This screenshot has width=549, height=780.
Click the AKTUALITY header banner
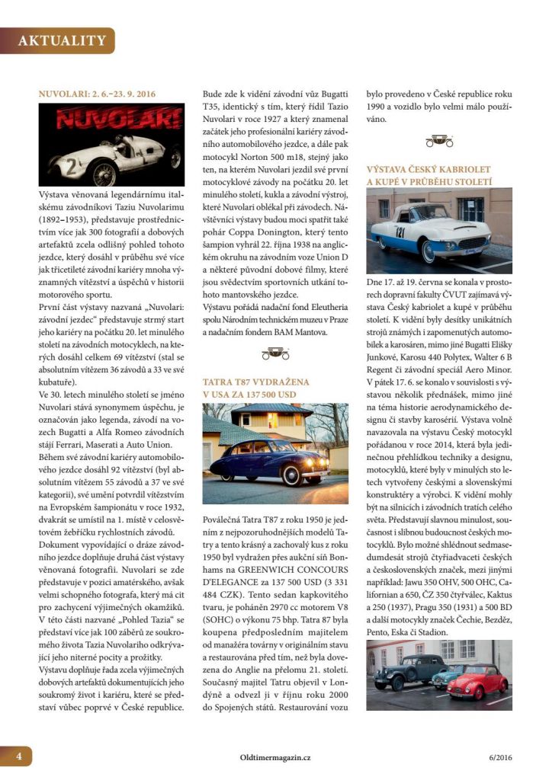(61, 40)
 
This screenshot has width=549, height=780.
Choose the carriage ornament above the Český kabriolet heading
(437, 140)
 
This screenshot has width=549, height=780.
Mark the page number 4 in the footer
(17, 757)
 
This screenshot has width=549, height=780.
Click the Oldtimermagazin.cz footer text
(274, 758)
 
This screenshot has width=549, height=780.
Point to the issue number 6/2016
(496, 758)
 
